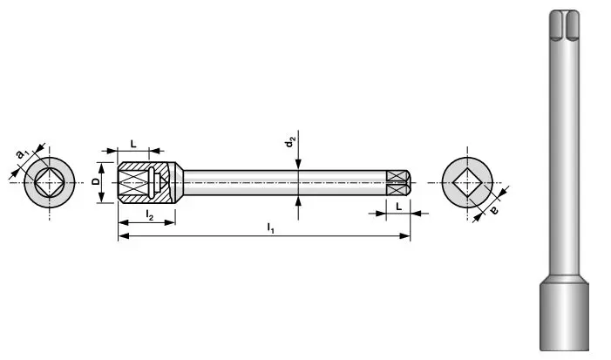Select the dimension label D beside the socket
(96, 183)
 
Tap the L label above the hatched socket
(132, 142)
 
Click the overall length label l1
(271, 228)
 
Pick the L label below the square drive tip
(398, 206)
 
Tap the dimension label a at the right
(494, 209)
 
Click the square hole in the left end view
(48, 184)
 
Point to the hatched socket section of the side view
(135, 184)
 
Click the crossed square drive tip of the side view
(397, 184)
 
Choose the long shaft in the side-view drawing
(279, 184)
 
